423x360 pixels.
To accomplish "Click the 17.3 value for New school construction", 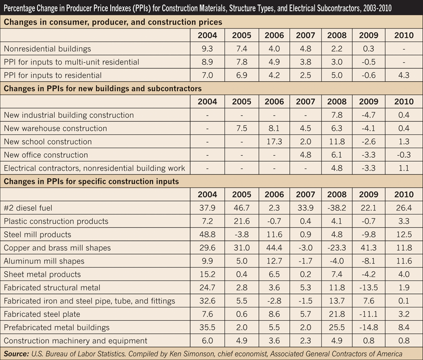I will click(274, 142).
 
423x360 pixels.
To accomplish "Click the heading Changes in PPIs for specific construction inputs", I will click(91, 182).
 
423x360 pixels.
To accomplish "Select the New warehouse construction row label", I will click(55, 128).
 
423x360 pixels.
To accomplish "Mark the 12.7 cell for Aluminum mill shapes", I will click(274, 261).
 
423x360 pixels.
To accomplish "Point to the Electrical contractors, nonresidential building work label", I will click(94, 168).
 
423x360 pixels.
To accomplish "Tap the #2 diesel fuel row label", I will click(29, 208).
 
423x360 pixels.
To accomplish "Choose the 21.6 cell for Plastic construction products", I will click(241, 221).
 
